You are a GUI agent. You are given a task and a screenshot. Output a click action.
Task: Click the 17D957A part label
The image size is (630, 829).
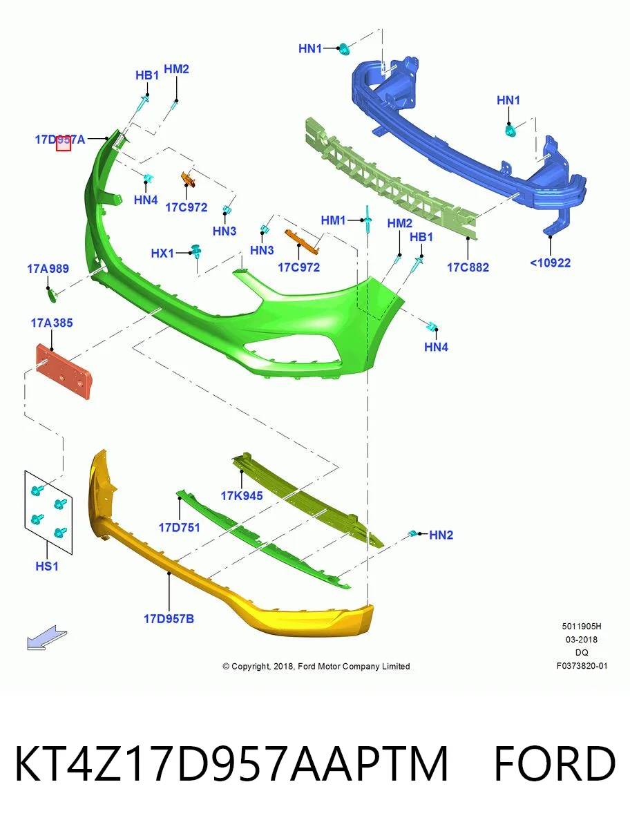pos(60,140)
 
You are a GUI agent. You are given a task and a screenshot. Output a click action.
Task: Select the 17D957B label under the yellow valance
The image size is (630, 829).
pos(169,618)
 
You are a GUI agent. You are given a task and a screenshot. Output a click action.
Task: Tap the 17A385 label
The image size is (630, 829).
pos(52,323)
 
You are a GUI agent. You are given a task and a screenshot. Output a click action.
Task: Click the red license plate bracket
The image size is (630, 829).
pos(64,371)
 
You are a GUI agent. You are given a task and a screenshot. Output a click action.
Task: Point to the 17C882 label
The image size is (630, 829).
pos(468,267)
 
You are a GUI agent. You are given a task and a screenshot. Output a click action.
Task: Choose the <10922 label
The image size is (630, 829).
pos(550,263)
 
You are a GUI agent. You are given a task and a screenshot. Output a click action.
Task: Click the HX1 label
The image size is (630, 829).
pos(162,253)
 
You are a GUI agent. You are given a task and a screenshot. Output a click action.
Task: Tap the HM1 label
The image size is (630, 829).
pos(333,220)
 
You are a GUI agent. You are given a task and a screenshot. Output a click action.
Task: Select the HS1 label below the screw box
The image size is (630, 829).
pos(47,566)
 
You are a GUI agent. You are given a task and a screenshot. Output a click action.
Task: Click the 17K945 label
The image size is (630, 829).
pos(242,495)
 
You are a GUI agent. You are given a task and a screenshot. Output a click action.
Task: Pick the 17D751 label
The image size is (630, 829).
pos(180,527)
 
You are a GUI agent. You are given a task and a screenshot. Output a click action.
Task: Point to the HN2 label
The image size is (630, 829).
pos(441,535)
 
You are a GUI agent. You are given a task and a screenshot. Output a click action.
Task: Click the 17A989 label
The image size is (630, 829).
pos(48,269)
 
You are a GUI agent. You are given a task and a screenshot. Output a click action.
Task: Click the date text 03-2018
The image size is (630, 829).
pos(582,640)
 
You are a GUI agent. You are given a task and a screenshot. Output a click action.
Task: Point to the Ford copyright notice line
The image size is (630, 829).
pos(316,667)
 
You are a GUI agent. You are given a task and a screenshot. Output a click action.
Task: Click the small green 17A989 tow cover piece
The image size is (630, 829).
pos(52,294)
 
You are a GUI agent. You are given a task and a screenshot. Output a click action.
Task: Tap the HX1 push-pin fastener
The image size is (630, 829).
pos(196,251)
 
